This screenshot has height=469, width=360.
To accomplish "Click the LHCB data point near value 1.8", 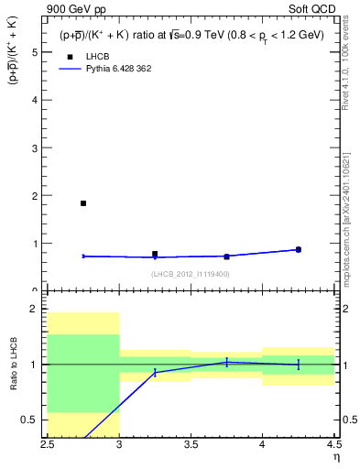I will point(83,203).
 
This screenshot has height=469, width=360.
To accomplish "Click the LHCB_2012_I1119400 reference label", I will point(191,274).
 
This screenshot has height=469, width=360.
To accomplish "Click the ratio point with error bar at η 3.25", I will point(155,372).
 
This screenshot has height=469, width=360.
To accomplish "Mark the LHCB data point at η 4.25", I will point(298,249).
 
